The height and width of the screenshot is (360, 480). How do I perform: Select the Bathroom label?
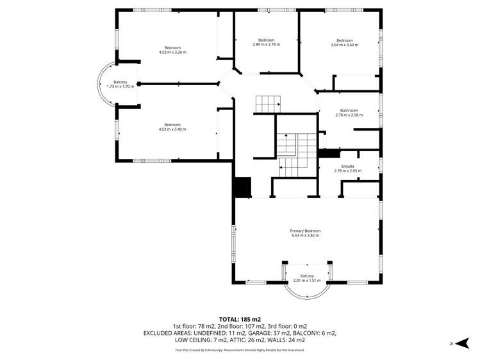coord(349,110)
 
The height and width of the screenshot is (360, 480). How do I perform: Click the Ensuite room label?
coord(348,166)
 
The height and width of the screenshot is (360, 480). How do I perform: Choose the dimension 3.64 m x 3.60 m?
coord(344,45)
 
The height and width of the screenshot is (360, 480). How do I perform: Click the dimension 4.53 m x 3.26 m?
coord(172,53)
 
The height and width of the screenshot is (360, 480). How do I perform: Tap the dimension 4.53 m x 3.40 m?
coord(172,129)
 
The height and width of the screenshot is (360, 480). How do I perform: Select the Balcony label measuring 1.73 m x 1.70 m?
coord(120,82)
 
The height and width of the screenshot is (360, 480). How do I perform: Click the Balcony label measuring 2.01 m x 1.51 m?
coord(306,275)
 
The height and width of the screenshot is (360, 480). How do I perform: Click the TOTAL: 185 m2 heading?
coord(240,318)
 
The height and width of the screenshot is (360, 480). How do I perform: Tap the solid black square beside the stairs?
coord(242,187)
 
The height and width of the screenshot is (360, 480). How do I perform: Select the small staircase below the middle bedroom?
coord(268,103)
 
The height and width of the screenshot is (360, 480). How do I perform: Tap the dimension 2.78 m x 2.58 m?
coord(349,115)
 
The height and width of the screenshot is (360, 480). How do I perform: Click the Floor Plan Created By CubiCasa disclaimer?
coord(240,350)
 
